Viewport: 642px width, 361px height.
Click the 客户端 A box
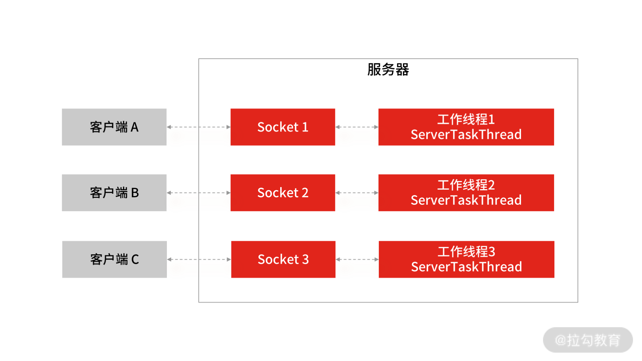click(x=114, y=127)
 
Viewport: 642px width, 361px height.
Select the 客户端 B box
click(x=114, y=193)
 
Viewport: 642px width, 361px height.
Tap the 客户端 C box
click(x=114, y=259)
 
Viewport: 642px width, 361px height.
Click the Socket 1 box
click(x=283, y=127)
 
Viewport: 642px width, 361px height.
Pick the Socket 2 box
click(x=283, y=193)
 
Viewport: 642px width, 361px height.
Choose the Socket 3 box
click(x=283, y=259)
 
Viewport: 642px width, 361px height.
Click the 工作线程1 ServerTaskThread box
click(x=466, y=127)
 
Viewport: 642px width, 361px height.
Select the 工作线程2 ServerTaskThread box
click(x=466, y=193)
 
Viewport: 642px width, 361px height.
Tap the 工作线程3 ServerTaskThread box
click(x=466, y=259)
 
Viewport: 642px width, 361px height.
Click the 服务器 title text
click(x=388, y=70)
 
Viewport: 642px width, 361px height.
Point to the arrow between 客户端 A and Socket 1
click(x=199, y=127)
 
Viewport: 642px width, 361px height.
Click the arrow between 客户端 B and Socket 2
click(x=199, y=193)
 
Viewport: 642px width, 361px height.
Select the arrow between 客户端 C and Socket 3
click(x=199, y=259)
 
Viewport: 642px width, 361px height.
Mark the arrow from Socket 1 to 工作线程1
click(x=357, y=127)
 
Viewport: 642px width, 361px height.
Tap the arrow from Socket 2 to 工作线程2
click(x=357, y=193)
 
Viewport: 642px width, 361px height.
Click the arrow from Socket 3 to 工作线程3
click(x=357, y=259)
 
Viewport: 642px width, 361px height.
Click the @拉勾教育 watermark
click(x=587, y=340)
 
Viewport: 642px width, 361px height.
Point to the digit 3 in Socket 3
click(x=305, y=259)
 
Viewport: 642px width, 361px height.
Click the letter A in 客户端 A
click(x=134, y=127)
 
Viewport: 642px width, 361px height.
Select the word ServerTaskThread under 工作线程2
click(x=466, y=200)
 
